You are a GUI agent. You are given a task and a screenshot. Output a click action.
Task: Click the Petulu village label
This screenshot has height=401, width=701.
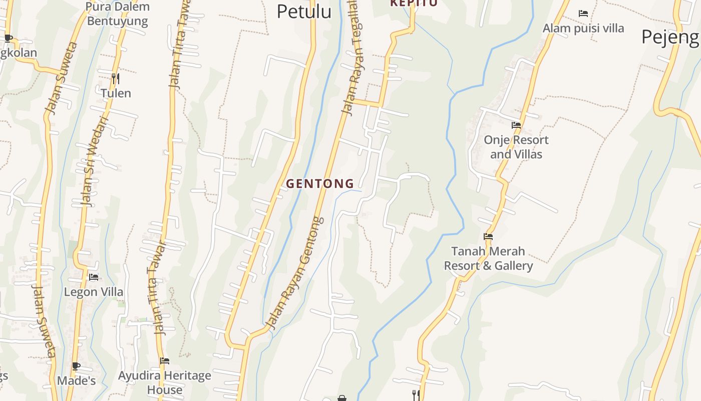304,11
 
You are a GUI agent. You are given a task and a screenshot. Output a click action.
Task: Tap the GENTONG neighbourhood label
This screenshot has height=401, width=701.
320,183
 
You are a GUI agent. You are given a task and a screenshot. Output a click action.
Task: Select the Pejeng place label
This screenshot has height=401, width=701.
670,37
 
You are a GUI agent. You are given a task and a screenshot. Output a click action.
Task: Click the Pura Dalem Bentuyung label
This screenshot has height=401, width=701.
118,14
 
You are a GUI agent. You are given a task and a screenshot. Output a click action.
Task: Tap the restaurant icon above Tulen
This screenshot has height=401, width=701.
115,78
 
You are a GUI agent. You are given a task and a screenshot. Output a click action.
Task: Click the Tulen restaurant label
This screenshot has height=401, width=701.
116,93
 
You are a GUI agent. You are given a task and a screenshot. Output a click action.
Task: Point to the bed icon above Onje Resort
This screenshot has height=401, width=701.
516,125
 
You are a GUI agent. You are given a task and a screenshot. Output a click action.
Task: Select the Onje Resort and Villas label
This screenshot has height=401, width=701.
516,147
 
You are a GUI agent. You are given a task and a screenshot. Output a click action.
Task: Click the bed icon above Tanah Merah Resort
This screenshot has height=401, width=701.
488,237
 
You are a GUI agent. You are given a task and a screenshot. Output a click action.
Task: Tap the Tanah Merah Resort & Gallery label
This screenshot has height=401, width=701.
488,258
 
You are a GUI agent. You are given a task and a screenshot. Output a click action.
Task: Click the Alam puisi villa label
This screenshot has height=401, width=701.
583,28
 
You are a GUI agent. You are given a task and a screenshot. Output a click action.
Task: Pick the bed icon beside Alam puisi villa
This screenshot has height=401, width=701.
583,14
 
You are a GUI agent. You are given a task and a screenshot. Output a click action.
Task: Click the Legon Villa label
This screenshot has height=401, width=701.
94,292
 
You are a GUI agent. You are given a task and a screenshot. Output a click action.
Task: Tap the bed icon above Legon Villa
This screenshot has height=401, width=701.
94,277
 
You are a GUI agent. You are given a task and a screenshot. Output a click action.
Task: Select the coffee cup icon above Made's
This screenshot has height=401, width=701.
76,366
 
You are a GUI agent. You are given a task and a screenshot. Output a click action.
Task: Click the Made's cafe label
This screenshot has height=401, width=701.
76,381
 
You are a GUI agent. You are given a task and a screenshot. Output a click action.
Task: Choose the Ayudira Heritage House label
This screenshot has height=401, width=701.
165,382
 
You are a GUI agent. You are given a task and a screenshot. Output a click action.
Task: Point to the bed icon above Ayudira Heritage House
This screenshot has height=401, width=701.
165,361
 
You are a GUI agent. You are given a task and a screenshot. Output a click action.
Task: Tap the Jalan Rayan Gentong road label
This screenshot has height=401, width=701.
295,273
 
